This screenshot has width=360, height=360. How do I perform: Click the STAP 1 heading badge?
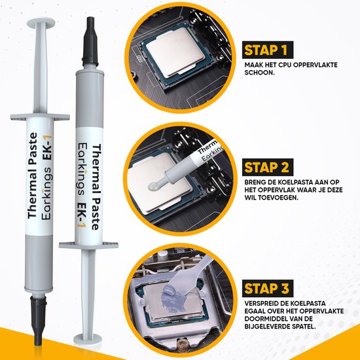[268, 50]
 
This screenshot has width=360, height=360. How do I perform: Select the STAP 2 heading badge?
[268, 167]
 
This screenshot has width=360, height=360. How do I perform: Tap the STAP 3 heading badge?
[268, 289]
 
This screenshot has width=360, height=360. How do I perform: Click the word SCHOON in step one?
[259, 73]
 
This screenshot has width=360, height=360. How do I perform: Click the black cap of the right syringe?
[90, 41]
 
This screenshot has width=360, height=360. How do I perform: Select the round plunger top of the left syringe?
[41, 23]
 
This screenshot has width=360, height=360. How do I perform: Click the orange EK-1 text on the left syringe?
[48, 148]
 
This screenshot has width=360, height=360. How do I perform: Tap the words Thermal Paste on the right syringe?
[96, 187]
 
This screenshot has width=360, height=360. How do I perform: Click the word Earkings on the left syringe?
[47, 193]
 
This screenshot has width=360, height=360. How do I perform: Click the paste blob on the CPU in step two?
[153, 185]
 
